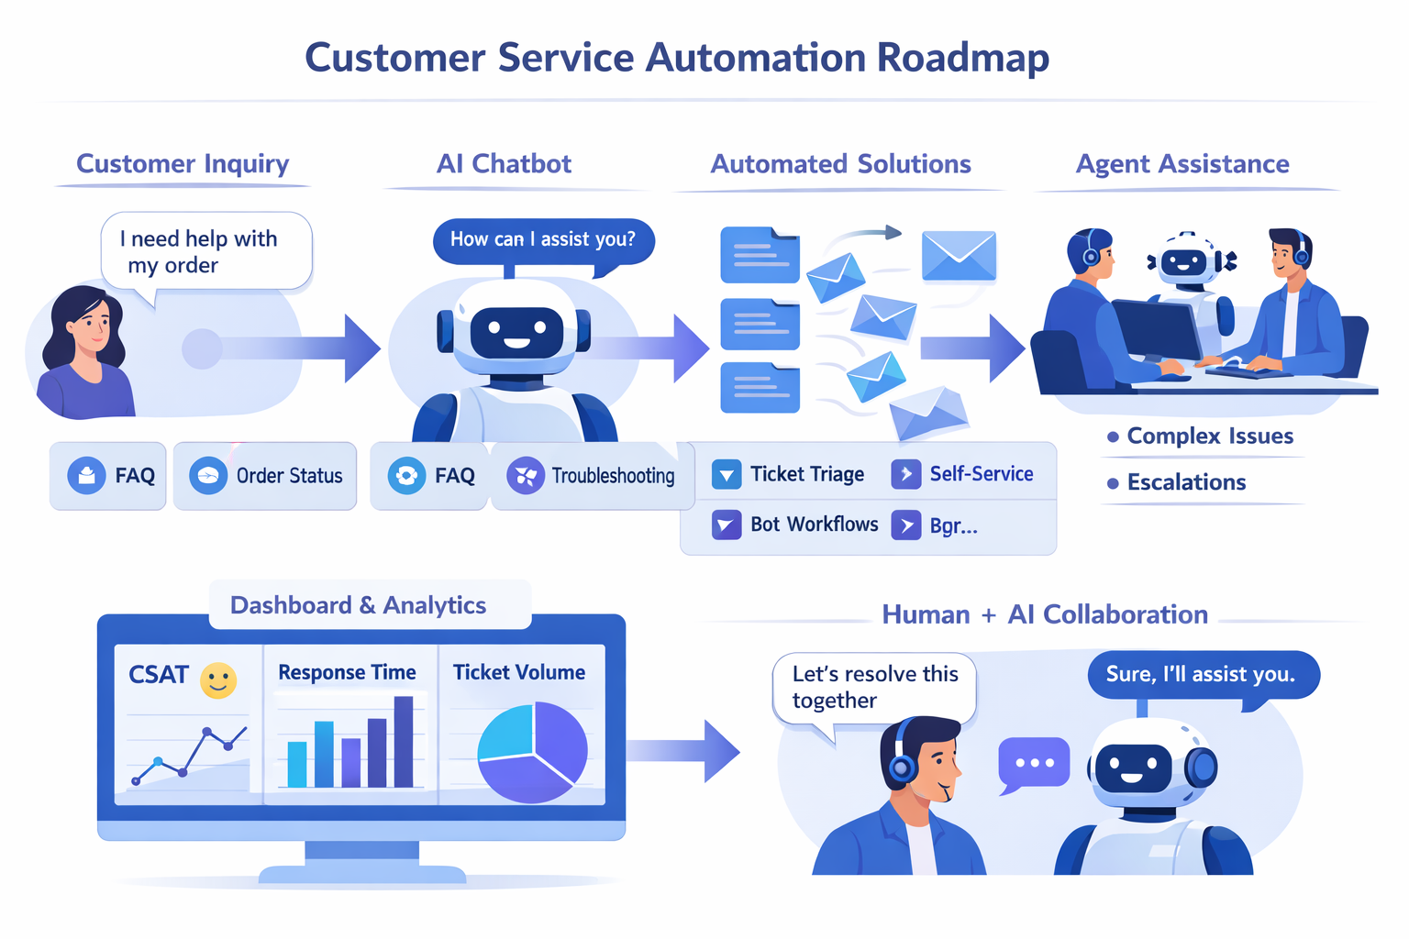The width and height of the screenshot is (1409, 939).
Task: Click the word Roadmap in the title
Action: coord(962,57)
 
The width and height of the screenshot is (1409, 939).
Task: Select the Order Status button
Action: coord(265,476)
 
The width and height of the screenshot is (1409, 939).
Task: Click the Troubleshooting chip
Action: coord(592,476)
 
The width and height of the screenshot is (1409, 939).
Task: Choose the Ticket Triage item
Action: coord(788,474)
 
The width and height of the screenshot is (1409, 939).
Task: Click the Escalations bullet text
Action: coord(1185,482)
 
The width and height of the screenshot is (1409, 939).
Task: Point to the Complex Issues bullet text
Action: coord(1209,436)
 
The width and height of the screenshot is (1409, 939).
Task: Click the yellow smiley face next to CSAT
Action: coord(218,680)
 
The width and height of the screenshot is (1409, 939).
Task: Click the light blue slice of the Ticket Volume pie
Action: coord(507,733)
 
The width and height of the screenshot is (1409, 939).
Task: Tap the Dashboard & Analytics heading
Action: coord(358,605)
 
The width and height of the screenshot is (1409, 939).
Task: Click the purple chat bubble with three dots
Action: coord(1034,763)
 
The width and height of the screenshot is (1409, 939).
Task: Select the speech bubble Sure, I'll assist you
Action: coord(1201,675)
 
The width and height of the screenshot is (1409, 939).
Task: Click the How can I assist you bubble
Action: coord(542,239)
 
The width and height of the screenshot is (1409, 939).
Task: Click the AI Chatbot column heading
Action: coord(504,164)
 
